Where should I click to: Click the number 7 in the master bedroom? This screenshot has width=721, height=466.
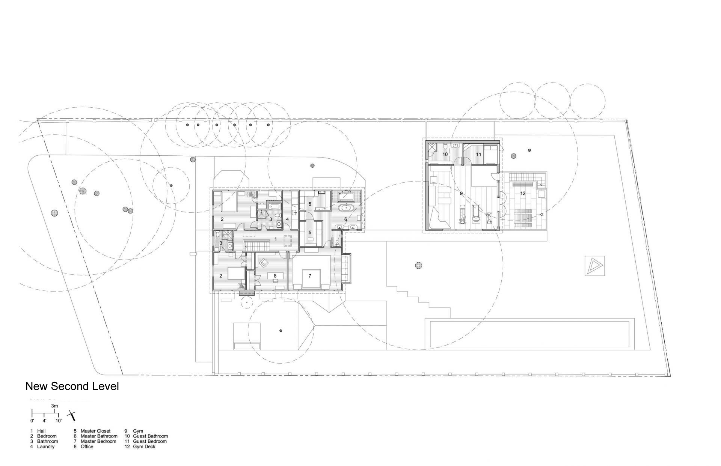[x=310, y=276]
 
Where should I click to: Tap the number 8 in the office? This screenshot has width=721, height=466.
[x=275, y=276]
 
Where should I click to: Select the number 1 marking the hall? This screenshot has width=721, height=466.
[x=275, y=239]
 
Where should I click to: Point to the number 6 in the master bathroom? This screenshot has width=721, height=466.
[x=345, y=219]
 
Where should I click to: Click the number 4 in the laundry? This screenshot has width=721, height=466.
[x=287, y=219]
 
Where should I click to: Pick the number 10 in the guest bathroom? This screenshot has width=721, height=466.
[x=445, y=154]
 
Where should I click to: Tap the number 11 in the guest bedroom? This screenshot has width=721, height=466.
[x=478, y=154]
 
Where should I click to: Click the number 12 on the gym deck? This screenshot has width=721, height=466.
[x=523, y=194]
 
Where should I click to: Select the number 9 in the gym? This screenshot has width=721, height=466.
[x=461, y=194]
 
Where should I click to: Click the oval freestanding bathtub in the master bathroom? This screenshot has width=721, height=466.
[x=344, y=207]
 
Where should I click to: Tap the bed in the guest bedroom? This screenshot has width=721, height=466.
[x=490, y=155]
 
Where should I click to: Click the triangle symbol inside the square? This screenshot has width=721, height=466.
[x=594, y=266]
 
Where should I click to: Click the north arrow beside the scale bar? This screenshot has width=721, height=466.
[x=72, y=416]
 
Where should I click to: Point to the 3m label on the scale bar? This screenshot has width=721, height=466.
[x=55, y=406]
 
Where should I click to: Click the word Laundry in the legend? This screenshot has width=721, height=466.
[x=46, y=447]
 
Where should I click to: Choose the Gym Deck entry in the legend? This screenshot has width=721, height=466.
[x=144, y=447]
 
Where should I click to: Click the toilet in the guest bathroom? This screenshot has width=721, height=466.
[x=445, y=145]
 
